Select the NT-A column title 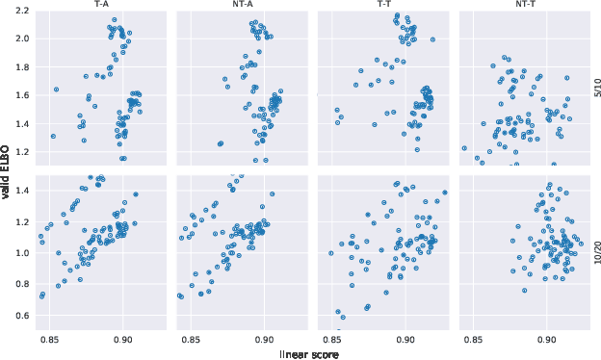[x=244, y=4]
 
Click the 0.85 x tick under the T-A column [x=51, y=339]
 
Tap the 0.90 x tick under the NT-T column [x=545, y=339]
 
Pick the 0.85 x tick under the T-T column [x=332, y=339]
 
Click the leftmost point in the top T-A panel [x=53, y=137]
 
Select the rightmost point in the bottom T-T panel [x=444, y=193]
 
